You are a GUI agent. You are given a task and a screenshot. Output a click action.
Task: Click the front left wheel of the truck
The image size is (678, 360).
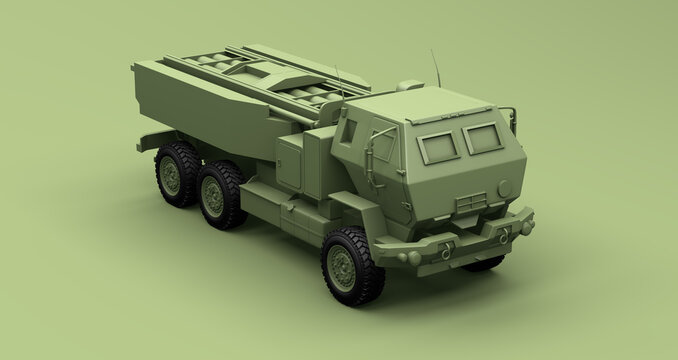click(352, 266)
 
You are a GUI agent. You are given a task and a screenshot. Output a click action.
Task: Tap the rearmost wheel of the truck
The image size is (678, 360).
click(175, 172)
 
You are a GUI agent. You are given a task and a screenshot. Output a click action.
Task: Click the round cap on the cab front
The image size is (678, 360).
click(504, 187)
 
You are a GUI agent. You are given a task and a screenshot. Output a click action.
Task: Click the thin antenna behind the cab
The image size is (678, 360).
click(337, 75)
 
